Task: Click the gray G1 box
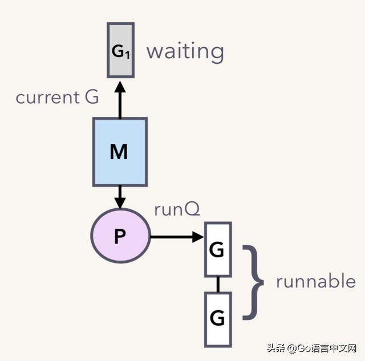[120, 50]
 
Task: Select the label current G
[57, 97]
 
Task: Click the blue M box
[120, 152]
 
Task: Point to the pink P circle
[120, 236]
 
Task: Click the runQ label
[177, 209]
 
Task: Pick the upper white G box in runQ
[218, 250]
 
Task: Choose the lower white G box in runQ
[218, 319]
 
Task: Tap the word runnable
[316, 281]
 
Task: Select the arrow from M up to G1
[120, 99]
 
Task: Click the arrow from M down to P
[120, 197]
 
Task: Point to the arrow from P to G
[177, 237]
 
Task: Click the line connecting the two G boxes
[218, 285]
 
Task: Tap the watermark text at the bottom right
[311, 348]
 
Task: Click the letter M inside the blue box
[119, 152]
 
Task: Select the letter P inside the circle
[120, 236]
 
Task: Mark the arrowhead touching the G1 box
[120, 87]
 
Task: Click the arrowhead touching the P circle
[120, 204]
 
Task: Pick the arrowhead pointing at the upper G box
[198, 237]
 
